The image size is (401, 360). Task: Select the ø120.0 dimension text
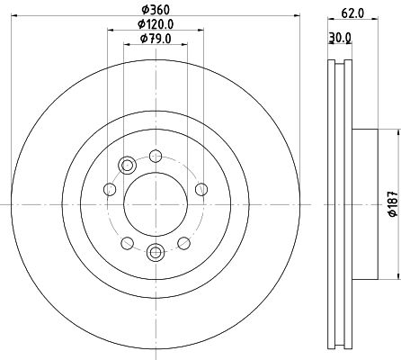[156, 23]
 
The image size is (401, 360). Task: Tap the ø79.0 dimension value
[155, 38]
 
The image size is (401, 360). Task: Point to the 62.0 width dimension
[352, 13]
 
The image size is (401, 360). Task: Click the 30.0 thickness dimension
[340, 37]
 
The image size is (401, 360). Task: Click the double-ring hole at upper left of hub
[126, 165]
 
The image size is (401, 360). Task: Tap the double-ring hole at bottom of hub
[155, 253]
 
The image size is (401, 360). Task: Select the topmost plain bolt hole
[155, 155]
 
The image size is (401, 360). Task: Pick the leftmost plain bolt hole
[110, 189]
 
